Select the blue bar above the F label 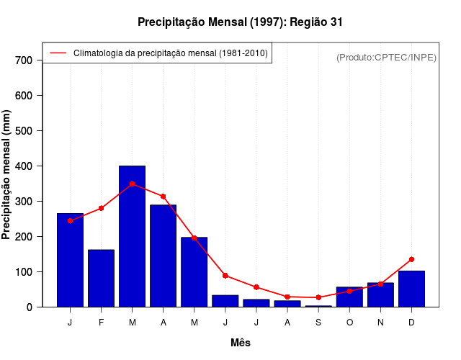coord(101,278)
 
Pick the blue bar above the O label coord(349,297)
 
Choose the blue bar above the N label coord(380,294)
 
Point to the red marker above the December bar coord(411,259)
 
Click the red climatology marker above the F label coord(101,208)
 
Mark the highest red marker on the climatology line coord(132,184)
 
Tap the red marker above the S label coord(318,297)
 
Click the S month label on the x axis coord(318,323)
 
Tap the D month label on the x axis coord(411,323)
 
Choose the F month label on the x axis coord(101,323)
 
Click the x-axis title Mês coord(241,343)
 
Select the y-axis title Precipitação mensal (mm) coord(7,174)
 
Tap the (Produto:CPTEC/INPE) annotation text coord(386,57)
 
